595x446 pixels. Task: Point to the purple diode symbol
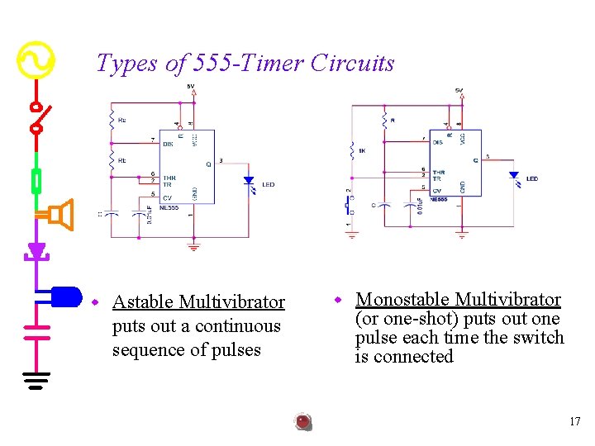[x=36, y=250]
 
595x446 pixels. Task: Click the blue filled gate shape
[x=65, y=295]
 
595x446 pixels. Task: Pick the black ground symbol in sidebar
[x=36, y=379]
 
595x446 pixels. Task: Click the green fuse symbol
[x=36, y=179]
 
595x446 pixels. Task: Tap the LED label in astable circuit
[x=268, y=184]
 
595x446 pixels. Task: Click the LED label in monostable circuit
[x=531, y=178]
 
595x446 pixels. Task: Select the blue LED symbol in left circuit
[x=248, y=182]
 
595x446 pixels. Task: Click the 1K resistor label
[x=362, y=151]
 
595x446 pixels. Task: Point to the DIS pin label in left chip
[x=168, y=144]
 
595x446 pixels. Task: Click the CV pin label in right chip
[x=436, y=191]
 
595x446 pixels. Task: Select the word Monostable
[x=402, y=299]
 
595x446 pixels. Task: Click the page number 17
[x=575, y=422]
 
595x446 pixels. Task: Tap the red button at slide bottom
[x=303, y=422]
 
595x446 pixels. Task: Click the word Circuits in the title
[x=353, y=63]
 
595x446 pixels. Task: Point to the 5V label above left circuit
[x=191, y=86]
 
